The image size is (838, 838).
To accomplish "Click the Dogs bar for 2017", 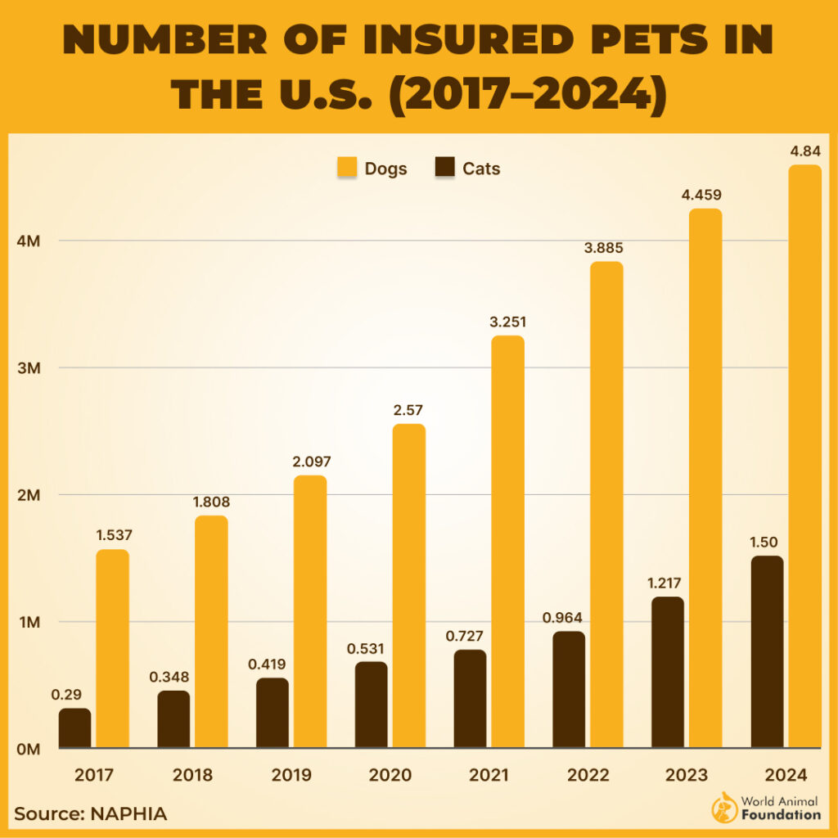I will pyautogui.click(x=112, y=648).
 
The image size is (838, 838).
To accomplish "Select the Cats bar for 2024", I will pyautogui.click(x=767, y=651).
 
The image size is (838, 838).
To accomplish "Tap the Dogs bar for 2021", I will pyautogui.click(x=508, y=542).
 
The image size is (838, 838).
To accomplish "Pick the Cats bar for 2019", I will pyautogui.click(x=273, y=712).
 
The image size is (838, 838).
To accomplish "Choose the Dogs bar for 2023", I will pyautogui.click(x=705, y=478).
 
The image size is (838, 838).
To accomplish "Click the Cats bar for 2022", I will pyautogui.click(x=569, y=689).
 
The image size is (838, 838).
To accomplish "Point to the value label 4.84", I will pyautogui.click(x=804, y=152).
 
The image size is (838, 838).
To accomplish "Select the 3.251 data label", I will pyautogui.click(x=508, y=322).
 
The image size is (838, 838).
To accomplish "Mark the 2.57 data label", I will pyautogui.click(x=409, y=411).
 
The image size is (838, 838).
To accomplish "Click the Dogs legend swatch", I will pyautogui.click(x=347, y=169).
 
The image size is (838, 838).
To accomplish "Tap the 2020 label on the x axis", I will pyautogui.click(x=390, y=775).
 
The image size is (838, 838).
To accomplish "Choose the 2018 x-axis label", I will pyautogui.click(x=192, y=775).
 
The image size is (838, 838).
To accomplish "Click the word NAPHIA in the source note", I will pyautogui.click(x=128, y=814).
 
